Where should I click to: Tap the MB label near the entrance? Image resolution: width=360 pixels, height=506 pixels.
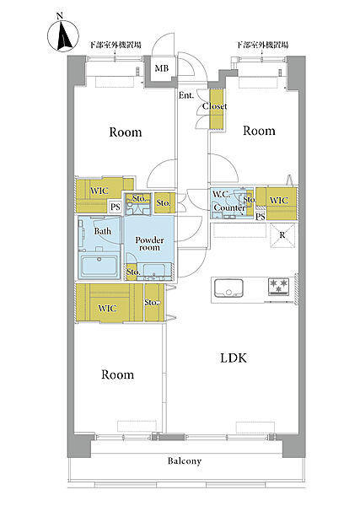coord(162,68)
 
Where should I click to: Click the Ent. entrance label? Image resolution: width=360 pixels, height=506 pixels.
coord(186,95)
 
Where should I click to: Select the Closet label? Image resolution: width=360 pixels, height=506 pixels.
coord(214,106)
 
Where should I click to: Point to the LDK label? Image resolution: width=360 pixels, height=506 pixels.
coord(234,358)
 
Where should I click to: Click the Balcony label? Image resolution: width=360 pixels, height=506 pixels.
coord(185,460)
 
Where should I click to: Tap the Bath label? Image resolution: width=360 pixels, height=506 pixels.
coord(103,231)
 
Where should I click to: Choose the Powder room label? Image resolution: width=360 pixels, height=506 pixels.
coord(149,244)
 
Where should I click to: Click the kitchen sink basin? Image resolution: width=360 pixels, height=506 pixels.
coord(228,288)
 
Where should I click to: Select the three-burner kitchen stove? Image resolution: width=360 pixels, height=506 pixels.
coord(278,287)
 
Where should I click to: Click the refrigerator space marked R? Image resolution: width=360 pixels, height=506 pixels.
coord(282,235)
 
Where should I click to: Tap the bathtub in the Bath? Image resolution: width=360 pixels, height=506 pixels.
coord(99,267)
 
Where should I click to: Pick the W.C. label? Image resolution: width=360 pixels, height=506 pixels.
coord(221,194)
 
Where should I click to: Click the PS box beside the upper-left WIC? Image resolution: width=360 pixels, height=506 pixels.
coord(116,207)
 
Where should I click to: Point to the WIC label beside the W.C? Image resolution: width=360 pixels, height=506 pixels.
coord(278,200)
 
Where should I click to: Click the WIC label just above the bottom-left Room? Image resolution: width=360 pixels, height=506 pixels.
coord(107,308)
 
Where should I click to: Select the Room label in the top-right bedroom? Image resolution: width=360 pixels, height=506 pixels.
coord(259,131)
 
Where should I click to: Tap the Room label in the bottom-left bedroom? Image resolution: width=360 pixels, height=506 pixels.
coord(117,374)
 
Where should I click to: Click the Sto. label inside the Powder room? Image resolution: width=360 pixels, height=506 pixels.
coord(133,272)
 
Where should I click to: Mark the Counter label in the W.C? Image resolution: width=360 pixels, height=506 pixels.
coord(229,207)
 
